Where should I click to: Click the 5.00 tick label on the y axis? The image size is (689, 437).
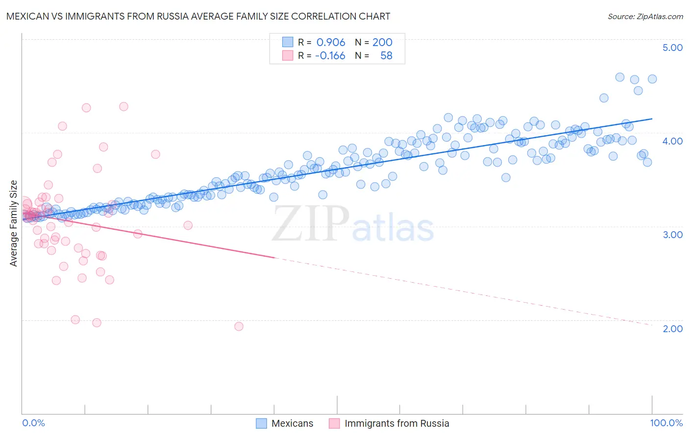672,48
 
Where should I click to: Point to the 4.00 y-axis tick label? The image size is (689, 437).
672,141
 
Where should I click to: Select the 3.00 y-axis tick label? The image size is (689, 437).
672,235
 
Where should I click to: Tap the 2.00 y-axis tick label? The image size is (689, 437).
672,329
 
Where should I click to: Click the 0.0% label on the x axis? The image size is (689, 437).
33,423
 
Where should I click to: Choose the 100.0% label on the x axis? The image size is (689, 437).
666,423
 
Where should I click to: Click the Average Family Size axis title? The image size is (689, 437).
14,223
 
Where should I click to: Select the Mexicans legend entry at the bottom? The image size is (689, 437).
292,423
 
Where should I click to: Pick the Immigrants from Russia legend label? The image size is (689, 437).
396,423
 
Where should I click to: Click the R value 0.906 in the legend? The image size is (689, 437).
331,42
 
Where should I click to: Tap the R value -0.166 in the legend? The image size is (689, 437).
330,55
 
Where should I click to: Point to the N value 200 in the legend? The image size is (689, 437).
382,42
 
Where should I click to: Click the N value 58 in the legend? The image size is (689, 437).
386,55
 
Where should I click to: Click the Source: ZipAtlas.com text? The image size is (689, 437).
645,16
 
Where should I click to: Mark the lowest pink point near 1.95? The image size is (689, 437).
239,326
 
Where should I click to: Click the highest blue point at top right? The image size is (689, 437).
619,77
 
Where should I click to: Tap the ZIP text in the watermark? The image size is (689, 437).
311,223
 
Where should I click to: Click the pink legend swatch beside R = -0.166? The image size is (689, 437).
287,55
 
